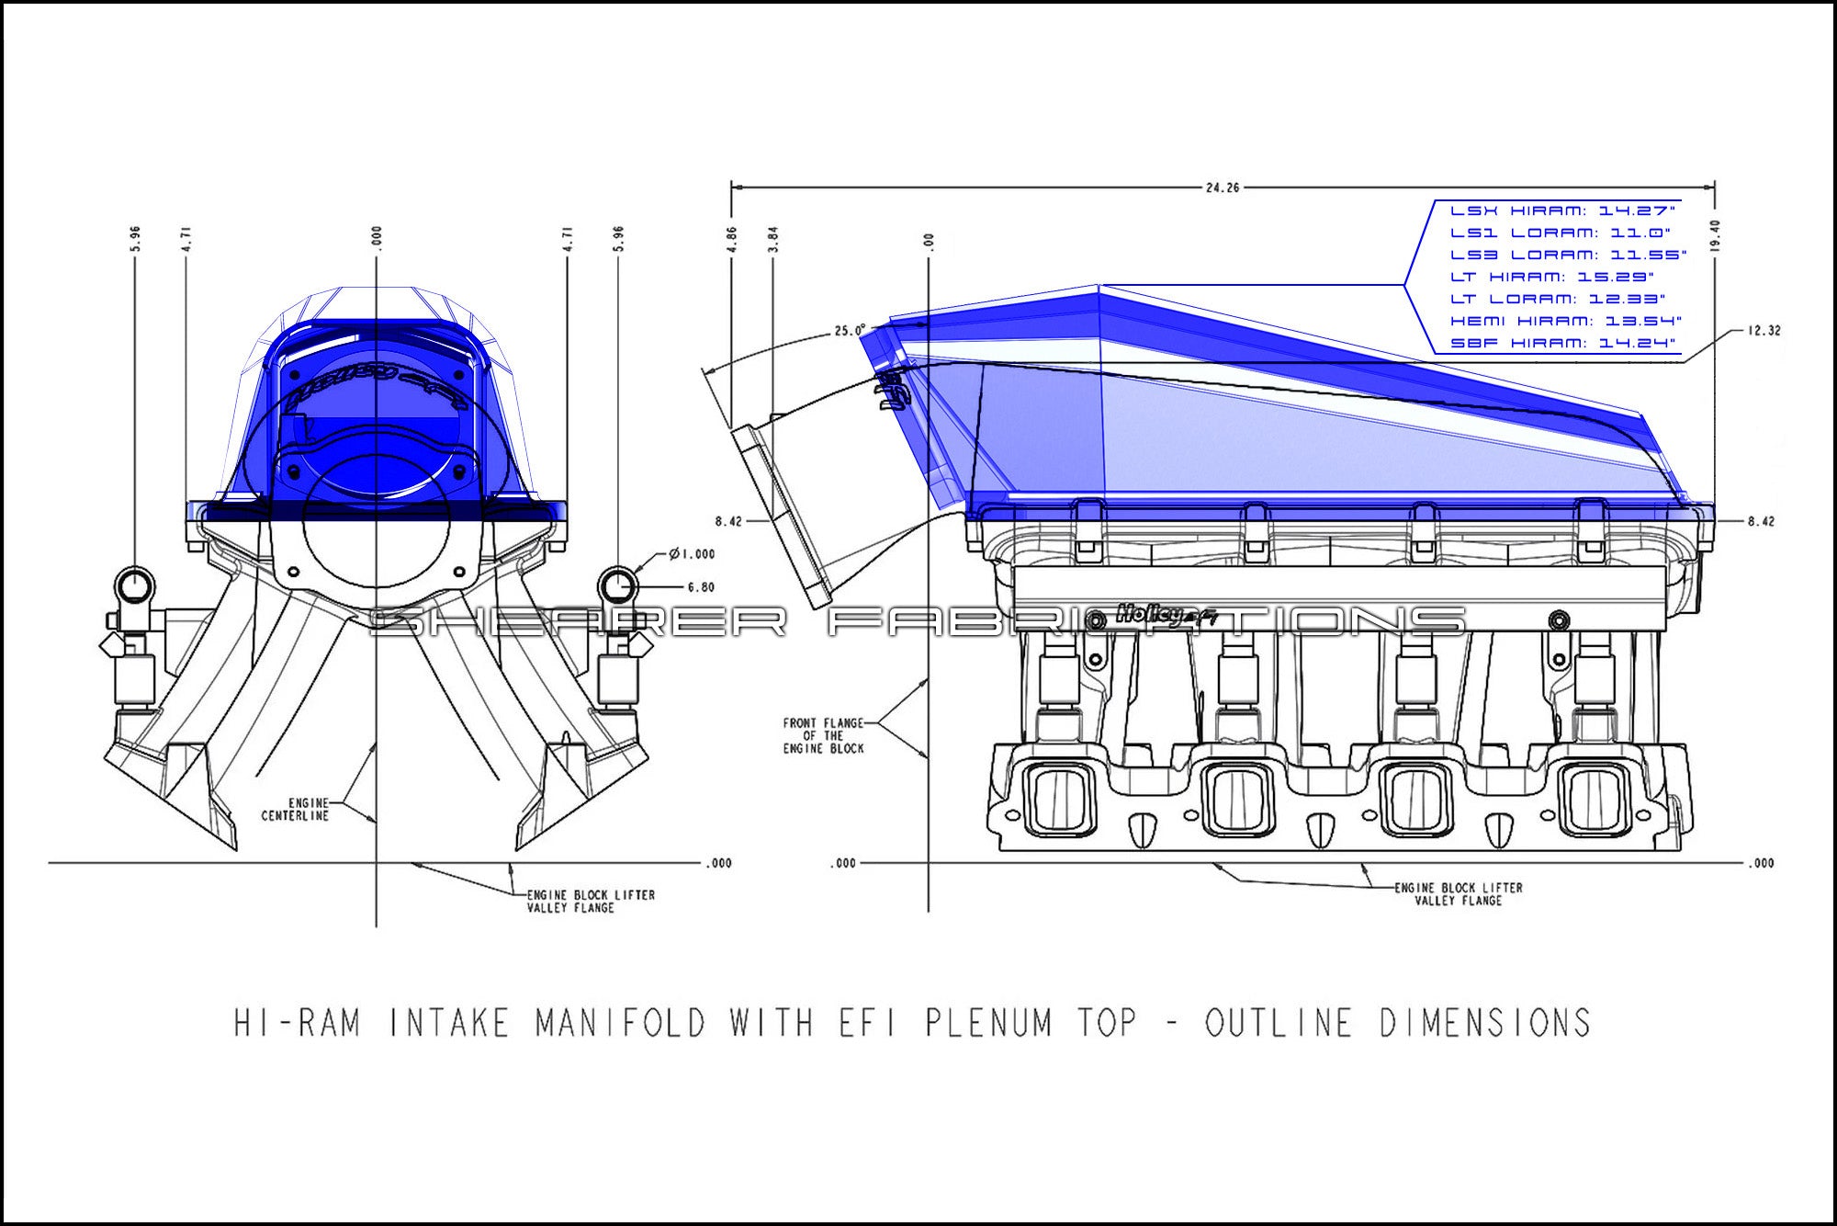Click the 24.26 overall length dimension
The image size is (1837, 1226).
[x=1222, y=187]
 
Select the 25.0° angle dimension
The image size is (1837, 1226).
[x=849, y=331]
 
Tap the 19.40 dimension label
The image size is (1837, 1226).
[x=1715, y=235]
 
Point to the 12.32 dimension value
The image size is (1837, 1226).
[x=1764, y=331]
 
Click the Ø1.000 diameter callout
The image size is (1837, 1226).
[x=693, y=554]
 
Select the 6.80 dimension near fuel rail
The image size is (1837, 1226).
[x=700, y=587]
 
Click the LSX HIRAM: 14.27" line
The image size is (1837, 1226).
[x=1562, y=211]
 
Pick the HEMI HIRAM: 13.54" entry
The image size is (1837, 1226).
[x=1565, y=321]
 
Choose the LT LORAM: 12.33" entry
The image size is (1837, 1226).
[x=1557, y=299]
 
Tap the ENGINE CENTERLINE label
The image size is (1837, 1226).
[x=295, y=810]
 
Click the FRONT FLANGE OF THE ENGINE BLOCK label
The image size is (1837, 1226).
[x=823, y=736]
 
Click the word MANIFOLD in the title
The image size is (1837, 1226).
[x=621, y=1023]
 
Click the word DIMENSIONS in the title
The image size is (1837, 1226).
[x=1484, y=1023]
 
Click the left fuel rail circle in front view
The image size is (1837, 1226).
[x=136, y=585]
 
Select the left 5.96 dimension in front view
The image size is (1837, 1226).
[x=136, y=239]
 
